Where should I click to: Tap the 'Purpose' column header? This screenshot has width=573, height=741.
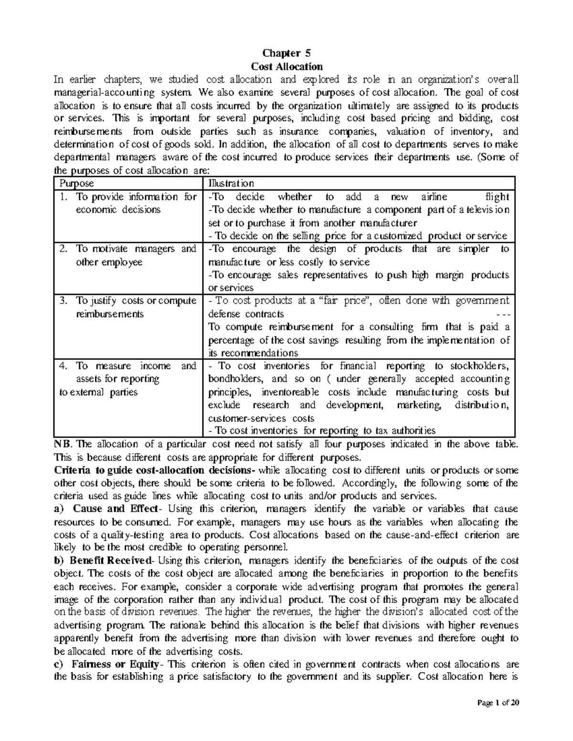[76, 184]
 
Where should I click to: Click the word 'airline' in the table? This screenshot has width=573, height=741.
[435, 197]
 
